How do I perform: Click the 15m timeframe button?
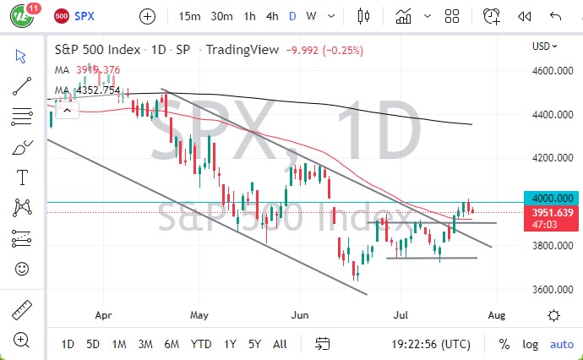(189, 16)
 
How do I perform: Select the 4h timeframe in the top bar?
(272, 16)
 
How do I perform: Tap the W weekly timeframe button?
(311, 16)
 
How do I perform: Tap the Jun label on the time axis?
(298, 314)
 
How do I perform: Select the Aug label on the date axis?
(496, 314)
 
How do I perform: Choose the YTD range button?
(201, 344)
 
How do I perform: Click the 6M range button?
(172, 344)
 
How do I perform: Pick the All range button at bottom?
(280, 344)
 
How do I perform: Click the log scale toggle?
(531, 344)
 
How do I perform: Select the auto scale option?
(561, 344)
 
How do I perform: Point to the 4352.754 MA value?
(98, 90)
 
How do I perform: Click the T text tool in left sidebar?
(22, 177)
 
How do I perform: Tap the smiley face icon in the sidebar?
(22, 269)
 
